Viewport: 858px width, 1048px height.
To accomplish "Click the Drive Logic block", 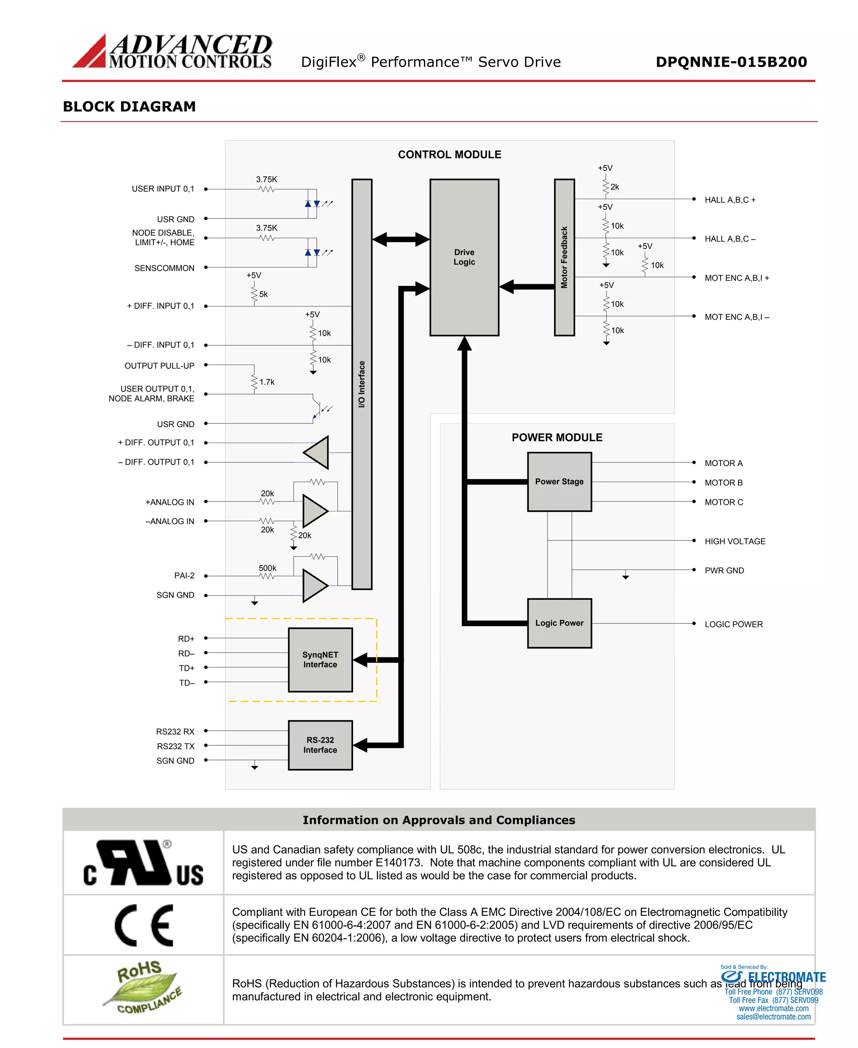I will [464, 257].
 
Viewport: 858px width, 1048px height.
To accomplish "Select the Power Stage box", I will [559, 481].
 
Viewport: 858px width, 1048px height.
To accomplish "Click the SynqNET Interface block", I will [320, 659].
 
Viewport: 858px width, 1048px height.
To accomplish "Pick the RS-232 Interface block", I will [320, 744].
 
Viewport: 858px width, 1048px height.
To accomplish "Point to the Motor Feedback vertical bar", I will [564, 257].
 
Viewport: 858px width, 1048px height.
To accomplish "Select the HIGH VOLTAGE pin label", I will [734, 541].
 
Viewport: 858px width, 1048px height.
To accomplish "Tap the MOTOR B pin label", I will [723, 482].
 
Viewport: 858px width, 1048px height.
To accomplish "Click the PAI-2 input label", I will [184, 575].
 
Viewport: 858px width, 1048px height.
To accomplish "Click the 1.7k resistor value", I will [267, 382].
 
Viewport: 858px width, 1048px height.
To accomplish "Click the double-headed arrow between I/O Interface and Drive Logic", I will [401, 239].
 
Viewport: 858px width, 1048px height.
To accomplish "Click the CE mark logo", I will [144, 925].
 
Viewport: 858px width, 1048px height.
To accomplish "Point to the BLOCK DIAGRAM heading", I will [129, 106].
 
